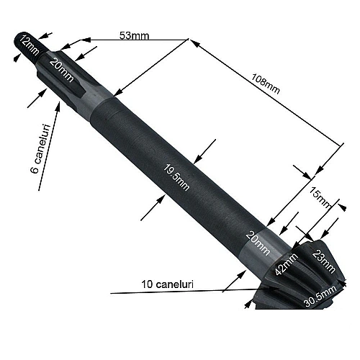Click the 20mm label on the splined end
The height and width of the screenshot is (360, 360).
click(x=61, y=68)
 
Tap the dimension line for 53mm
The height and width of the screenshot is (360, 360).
click(x=137, y=40)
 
